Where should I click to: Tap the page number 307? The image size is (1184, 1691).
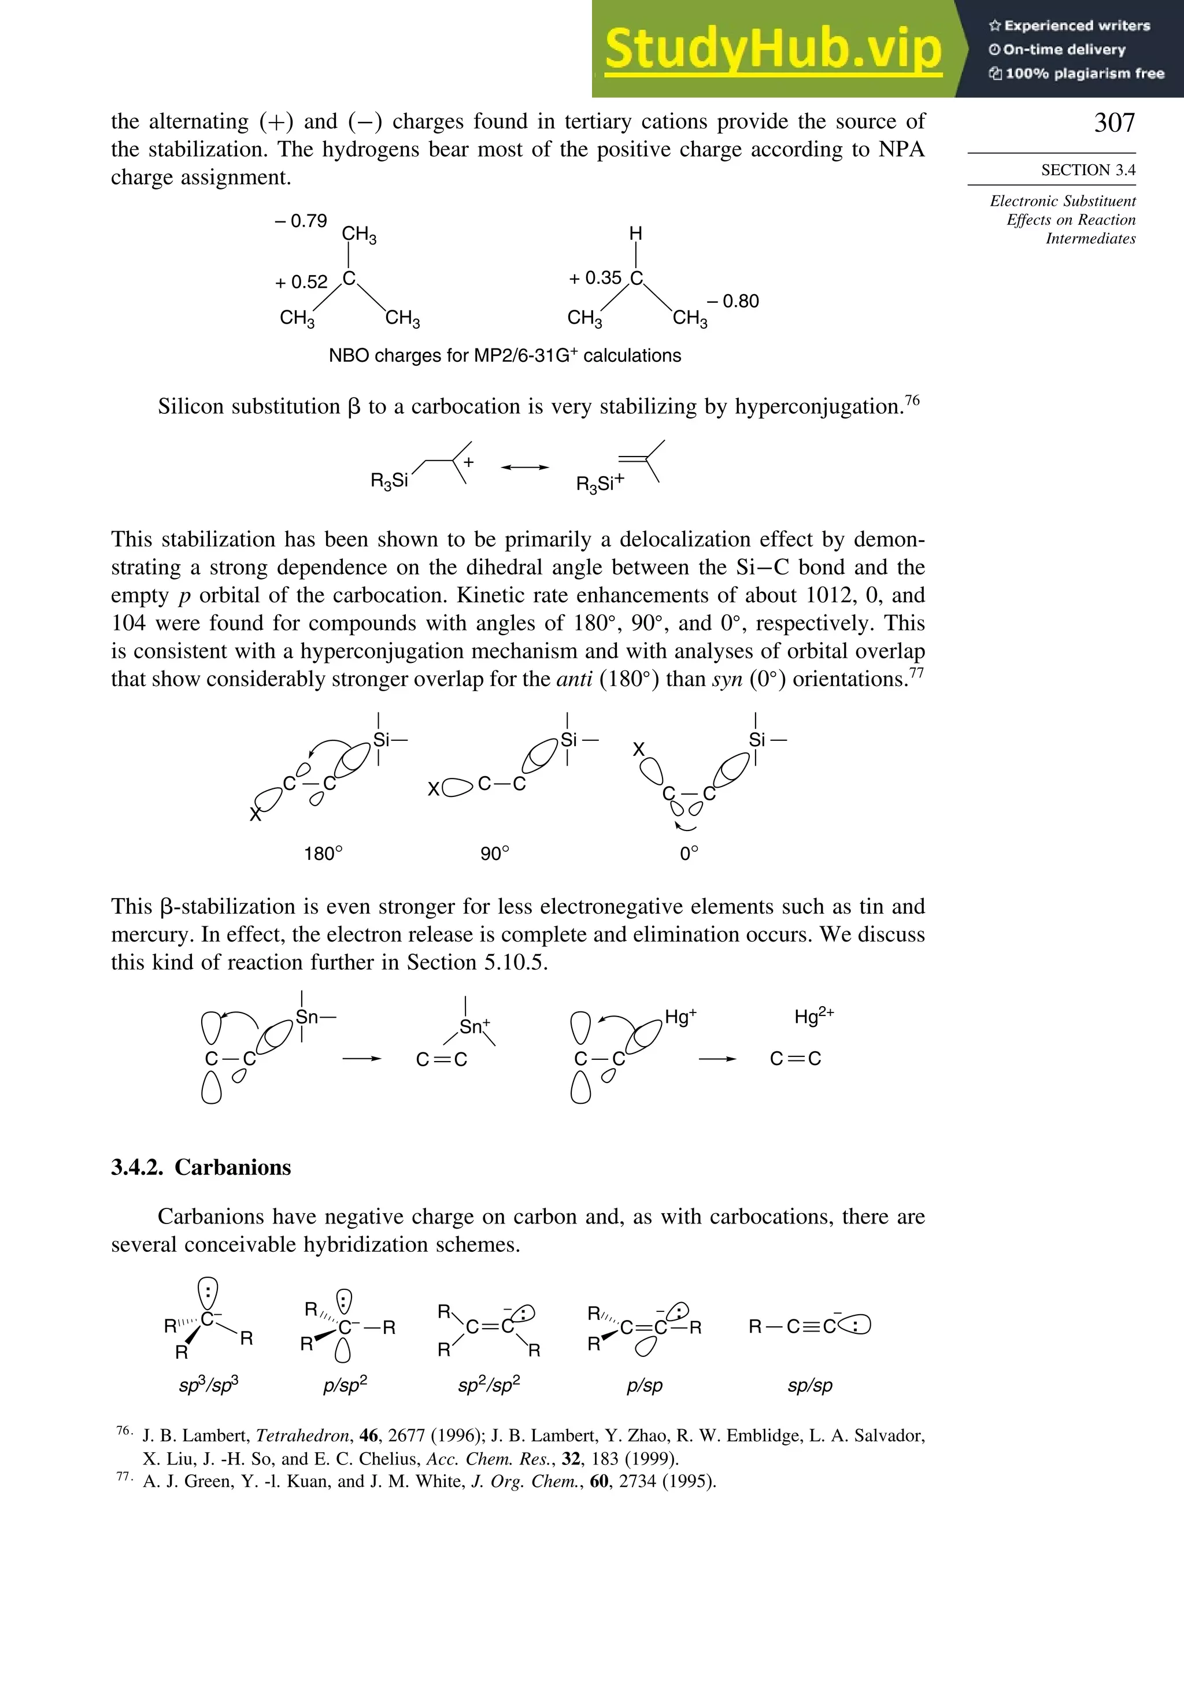(x=1114, y=123)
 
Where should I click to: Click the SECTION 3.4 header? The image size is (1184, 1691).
(x=1087, y=170)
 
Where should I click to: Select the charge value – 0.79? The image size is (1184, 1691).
(x=301, y=221)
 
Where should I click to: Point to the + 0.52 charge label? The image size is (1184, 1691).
(x=301, y=282)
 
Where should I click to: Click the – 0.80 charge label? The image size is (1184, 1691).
(x=732, y=301)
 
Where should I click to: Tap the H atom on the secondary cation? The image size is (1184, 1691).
(x=635, y=233)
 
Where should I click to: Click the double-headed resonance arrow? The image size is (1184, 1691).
(x=524, y=467)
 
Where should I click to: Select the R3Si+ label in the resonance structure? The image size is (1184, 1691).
(x=600, y=483)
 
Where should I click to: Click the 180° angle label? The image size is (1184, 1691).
(x=323, y=854)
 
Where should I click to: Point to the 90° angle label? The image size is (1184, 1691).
(x=494, y=854)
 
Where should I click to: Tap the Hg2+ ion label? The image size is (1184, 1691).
(x=813, y=1017)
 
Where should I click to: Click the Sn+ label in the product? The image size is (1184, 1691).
(x=475, y=1026)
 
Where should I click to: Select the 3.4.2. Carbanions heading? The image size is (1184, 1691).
(x=201, y=1167)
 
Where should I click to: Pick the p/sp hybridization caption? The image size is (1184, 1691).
(x=644, y=1385)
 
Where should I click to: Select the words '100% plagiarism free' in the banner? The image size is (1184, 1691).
(x=1084, y=73)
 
